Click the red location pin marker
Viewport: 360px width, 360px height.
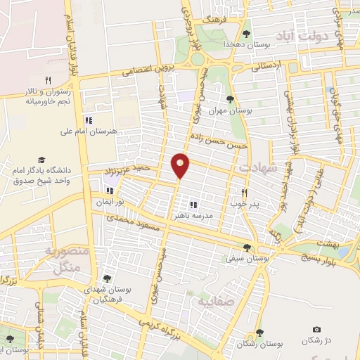tap(181, 165)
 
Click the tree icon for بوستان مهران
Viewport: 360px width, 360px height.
tap(230, 99)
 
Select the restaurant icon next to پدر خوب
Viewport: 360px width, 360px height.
tap(245, 192)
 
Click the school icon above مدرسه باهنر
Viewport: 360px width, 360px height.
tap(193, 204)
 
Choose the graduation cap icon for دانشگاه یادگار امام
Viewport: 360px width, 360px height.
tap(41, 160)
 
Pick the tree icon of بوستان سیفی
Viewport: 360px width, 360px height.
tap(246, 247)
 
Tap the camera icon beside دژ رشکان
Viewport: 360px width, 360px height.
tap(316, 330)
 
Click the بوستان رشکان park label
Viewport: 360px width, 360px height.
tap(259, 345)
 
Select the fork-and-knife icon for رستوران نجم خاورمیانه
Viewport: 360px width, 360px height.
tap(48, 80)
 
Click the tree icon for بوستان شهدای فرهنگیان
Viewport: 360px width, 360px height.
tap(106, 279)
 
